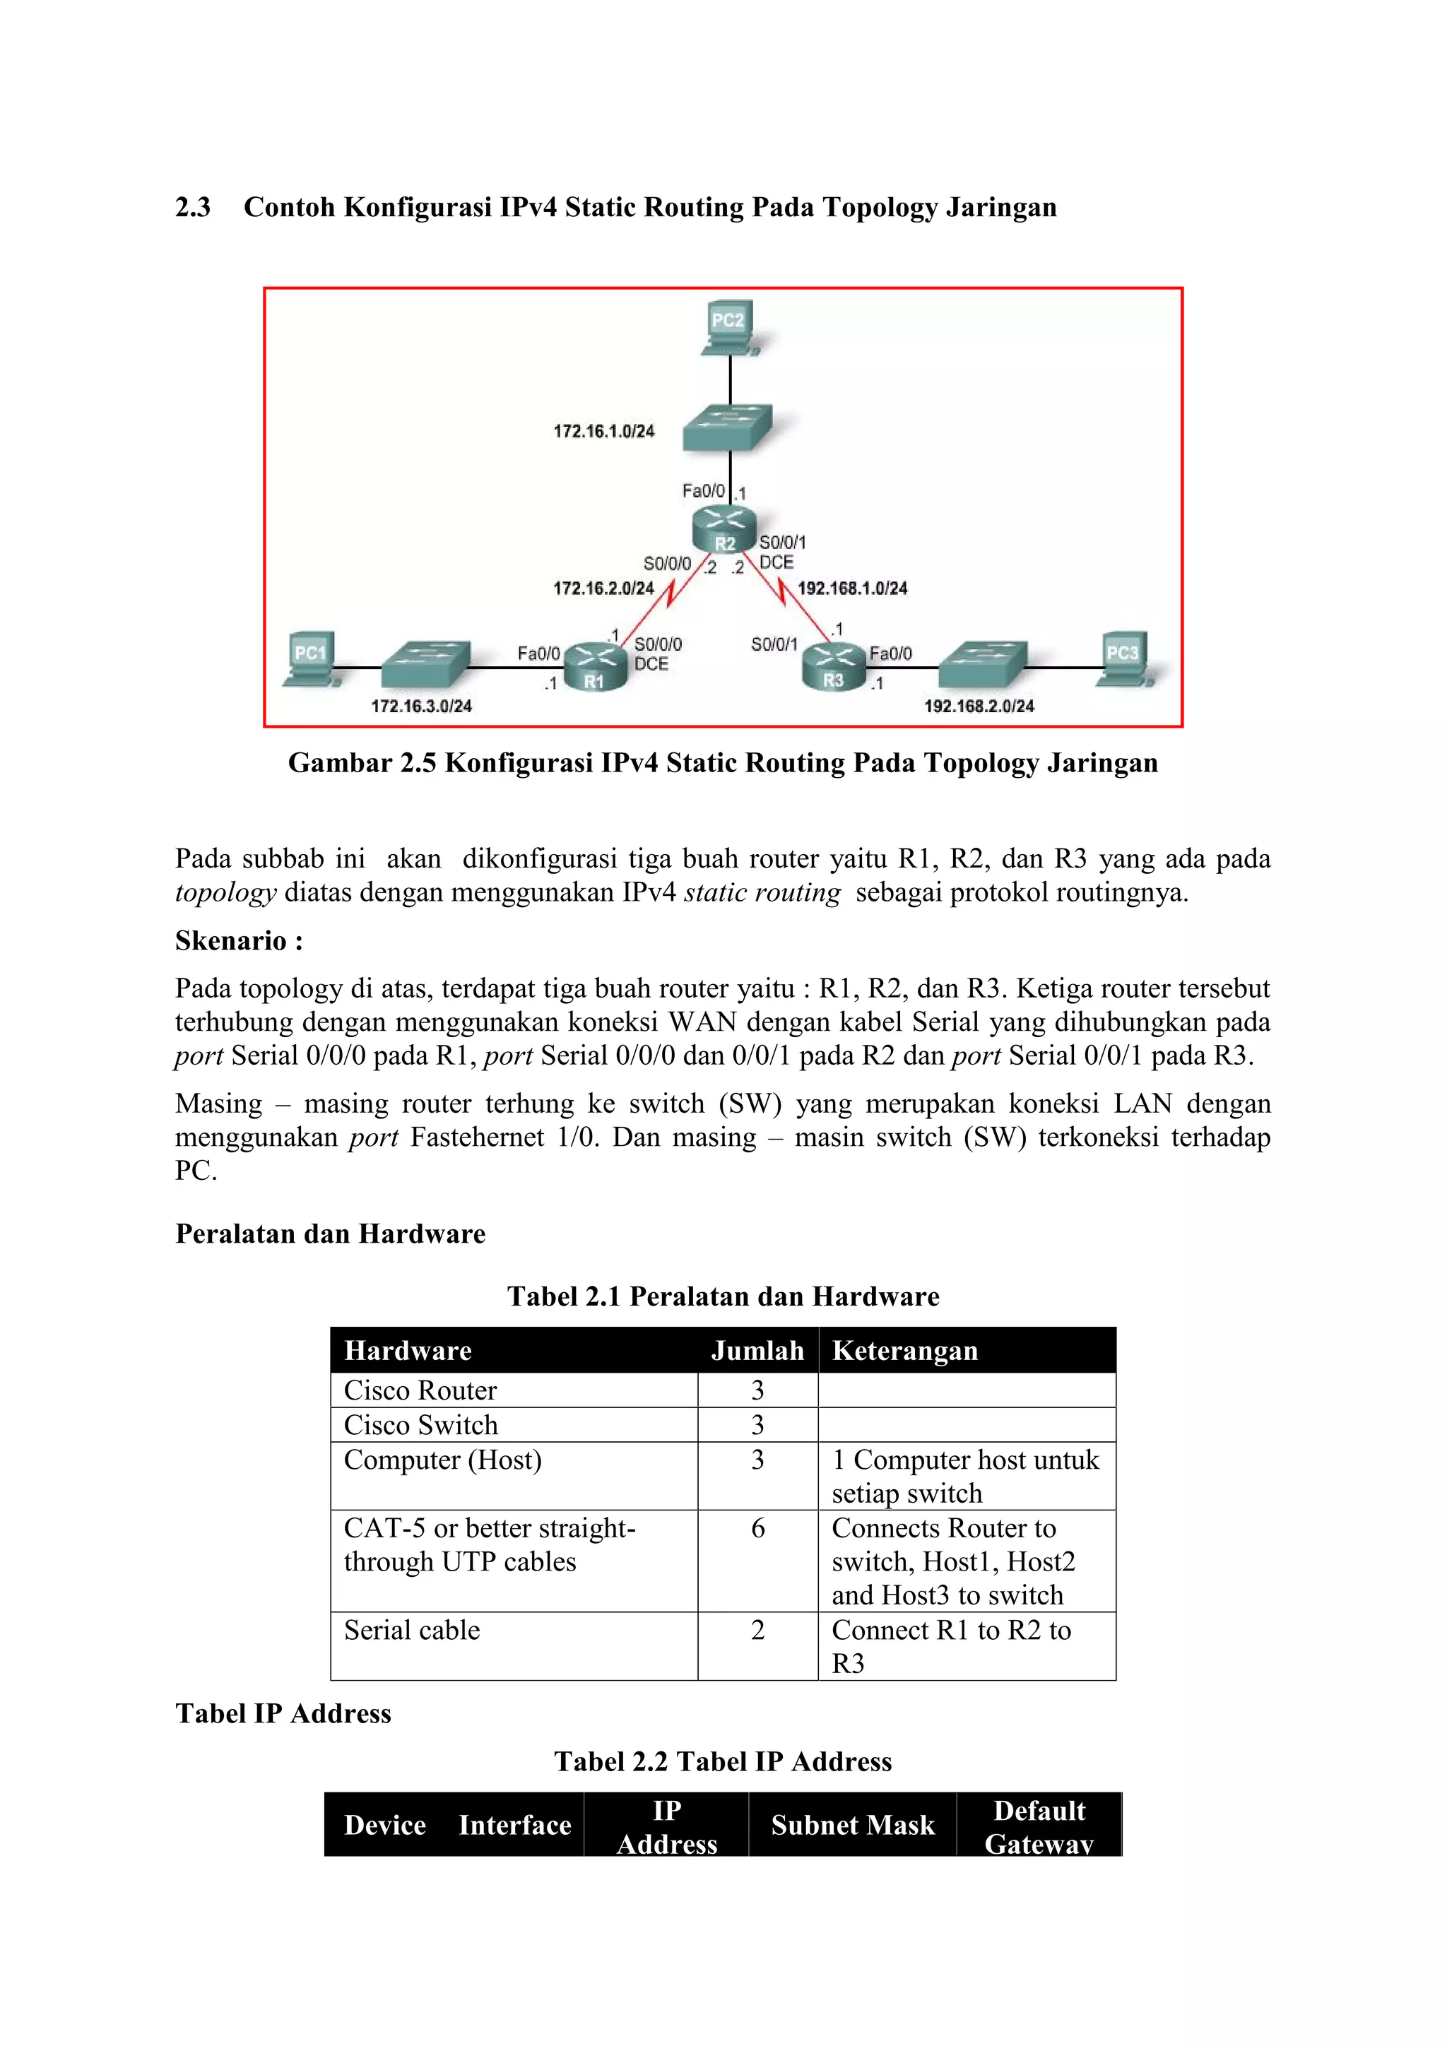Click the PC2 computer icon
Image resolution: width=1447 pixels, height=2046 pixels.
tap(729, 327)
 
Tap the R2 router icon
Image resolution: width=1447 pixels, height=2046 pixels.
tap(724, 529)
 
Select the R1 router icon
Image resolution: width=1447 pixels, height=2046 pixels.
tap(594, 666)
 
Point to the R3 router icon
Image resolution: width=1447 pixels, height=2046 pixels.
tap(833, 666)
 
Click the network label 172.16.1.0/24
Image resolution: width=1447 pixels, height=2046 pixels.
tap(603, 431)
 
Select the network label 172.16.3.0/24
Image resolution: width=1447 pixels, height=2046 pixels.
tap(421, 706)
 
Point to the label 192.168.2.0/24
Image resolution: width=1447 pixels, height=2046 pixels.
tap(979, 706)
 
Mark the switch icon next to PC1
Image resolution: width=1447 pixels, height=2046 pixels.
tap(425, 664)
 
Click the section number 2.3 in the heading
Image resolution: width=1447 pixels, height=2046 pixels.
tap(192, 208)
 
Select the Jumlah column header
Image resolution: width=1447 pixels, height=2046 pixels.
tap(757, 1350)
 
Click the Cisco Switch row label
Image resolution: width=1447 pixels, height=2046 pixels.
tap(420, 1425)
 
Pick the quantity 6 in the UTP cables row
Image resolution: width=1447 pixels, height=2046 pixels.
tap(757, 1528)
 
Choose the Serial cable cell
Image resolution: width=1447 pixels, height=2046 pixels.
tap(412, 1630)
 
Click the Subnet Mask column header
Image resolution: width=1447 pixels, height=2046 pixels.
tap(853, 1825)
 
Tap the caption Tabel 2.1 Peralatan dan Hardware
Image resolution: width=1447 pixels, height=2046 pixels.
tap(723, 1296)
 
